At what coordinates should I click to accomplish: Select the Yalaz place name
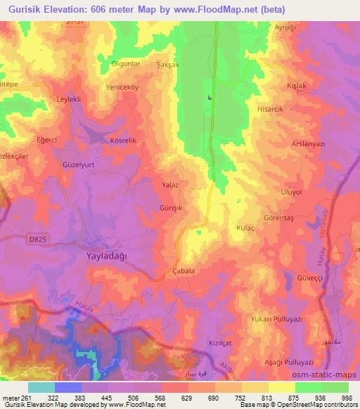171,184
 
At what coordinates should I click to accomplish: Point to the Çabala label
183,271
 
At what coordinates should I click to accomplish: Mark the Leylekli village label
70,100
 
